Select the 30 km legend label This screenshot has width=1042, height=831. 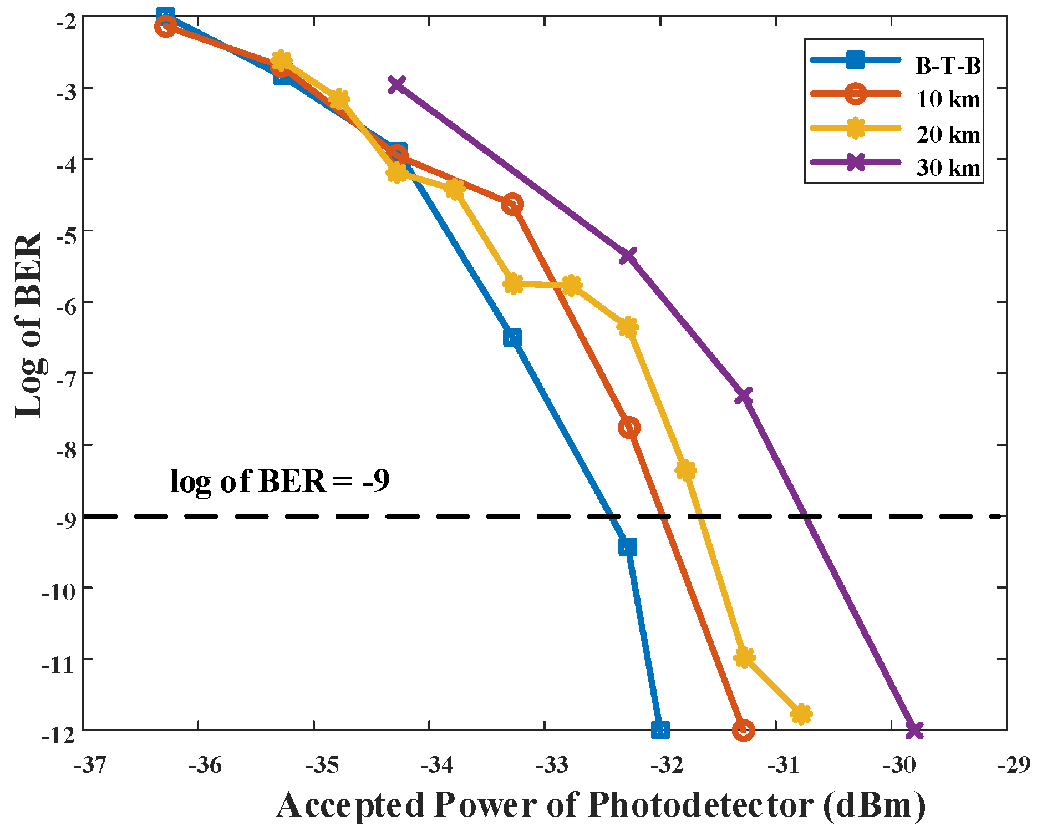click(948, 167)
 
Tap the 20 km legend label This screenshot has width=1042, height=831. click(948, 134)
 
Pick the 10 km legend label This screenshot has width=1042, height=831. click(948, 99)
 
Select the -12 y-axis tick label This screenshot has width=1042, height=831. click(59, 736)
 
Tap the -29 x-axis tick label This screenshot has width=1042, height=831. click(1014, 765)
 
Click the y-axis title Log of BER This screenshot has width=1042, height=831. click(29, 325)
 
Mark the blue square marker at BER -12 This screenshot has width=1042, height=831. click(660, 729)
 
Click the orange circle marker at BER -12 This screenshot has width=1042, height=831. click(743, 730)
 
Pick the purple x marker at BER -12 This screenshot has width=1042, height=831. click(914, 730)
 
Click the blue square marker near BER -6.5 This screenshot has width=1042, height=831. click(512, 337)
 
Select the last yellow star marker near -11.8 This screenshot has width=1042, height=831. click(801, 714)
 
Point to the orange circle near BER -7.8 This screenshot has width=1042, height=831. click(629, 427)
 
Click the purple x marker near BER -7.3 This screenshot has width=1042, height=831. click(743, 396)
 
